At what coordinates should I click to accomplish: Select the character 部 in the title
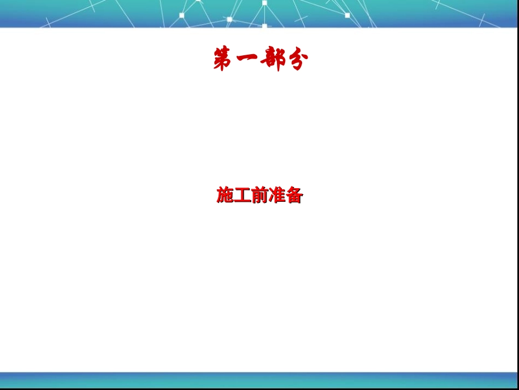pyautogui.click(x=272, y=60)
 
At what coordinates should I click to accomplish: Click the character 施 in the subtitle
pyautogui.click(x=225, y=195)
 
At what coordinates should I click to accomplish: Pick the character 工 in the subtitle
pyautogui.click(x=242, y=195)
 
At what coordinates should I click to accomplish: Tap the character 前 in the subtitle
pyautogui.click(x=259, y=195)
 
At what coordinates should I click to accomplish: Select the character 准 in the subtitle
pyautogui.click(x=277, y=195)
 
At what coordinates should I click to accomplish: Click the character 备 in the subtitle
pyautogui.click(x=294, y=195)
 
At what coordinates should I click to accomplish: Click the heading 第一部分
pyautogui.click(x=260, y=60)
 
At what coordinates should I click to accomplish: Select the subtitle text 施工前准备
pyautogui.click(x=259, y=195)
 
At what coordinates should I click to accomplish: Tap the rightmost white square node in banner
pyautogui.click(x=347, y=15)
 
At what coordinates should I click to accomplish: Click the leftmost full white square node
pyautogui.click(x=182, y=15)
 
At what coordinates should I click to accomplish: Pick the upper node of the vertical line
pyautogui.click(x=264, y=3)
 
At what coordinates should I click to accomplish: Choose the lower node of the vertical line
pyautogui.click(x=264, y=25)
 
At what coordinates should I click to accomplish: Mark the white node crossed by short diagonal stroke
pyautogui.click(x=229, y=19)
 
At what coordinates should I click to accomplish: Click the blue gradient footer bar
pyautogui.click(x=259, y=380)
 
